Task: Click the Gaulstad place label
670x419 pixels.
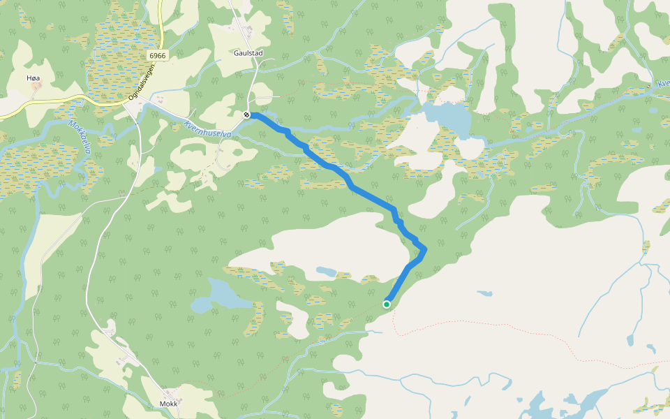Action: coord(248,52)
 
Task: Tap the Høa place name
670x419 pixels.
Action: coord(32,78)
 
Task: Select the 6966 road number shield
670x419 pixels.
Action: coord(158,55)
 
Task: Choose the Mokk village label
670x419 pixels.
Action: coord(169,404)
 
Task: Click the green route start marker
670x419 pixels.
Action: coord(387,304)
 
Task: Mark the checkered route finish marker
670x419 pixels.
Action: coord(247,115)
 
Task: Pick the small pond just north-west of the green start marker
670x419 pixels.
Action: coord(326,271)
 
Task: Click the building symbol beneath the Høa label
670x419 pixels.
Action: coord(36,86)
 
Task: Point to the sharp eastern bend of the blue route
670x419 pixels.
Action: coord(424,249)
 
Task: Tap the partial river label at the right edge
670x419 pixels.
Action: coord(662,84)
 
